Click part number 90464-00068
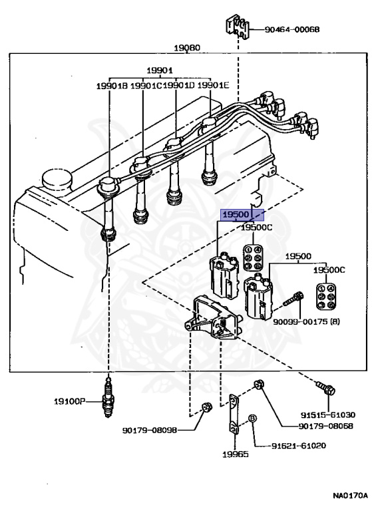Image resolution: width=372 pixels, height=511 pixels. pos(291,30)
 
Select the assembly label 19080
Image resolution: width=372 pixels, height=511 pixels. pos(187,48)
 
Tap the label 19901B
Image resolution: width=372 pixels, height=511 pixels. pos(112,86)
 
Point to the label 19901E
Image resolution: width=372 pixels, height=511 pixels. pos(213,85)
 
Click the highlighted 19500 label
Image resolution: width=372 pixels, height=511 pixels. pos(236,215)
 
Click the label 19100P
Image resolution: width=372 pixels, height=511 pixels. pos(69,401)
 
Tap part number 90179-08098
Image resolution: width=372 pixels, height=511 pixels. pos(150,430)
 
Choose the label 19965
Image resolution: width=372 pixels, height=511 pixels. pos(236,454)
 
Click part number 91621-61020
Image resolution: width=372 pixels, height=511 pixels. pos(299,446)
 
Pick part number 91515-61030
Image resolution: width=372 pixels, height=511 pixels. pos(327,415)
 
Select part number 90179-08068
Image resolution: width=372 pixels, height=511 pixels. pos(325,426)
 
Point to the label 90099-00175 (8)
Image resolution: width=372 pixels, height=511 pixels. pos(307,321)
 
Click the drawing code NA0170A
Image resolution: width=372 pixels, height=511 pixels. pos(351,496)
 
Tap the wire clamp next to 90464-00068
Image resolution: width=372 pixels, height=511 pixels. pos(238,26)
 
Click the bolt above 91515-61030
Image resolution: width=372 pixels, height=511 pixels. pos(325,387)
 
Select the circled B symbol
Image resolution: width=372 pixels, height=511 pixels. pos(252,419)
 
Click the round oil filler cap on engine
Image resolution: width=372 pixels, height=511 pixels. pos(57,180)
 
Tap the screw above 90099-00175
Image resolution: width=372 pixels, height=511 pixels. pos(293,299)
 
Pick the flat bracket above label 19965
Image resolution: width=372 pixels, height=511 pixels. pos(234,415)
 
